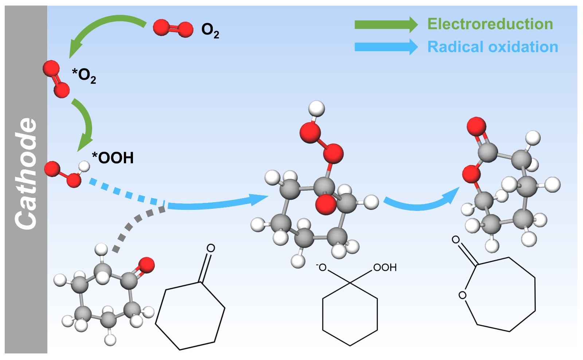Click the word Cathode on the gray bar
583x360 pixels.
pos(26,174)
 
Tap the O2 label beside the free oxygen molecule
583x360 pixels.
pos(210,30)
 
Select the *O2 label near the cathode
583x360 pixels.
pos(84,75)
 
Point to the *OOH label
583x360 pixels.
pos(113,158)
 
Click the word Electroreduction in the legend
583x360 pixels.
pos(490,24)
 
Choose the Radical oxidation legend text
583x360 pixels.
pos(493,47)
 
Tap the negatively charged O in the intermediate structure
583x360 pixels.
pos(321,268)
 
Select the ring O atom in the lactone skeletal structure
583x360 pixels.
pos(462,295)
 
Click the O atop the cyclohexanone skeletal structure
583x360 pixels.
pos(211,249)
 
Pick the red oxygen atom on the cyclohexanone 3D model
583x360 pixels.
pos(146,265)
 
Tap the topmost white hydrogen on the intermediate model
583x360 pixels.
pos(316,109)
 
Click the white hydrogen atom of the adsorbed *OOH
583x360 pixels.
pos(84,166)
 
